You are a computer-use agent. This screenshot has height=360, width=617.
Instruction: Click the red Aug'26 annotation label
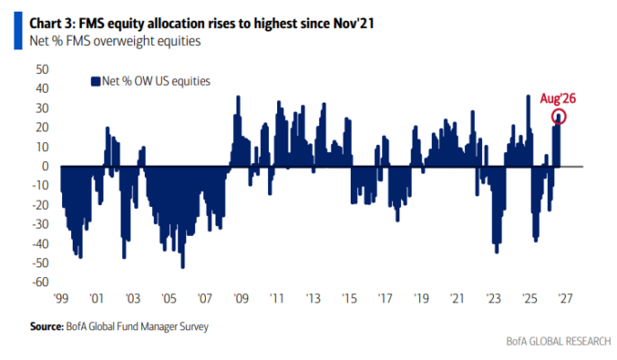click(558, 98)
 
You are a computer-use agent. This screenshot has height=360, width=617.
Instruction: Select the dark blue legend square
click(95, 82)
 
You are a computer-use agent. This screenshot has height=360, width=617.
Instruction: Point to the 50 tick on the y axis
click(42, 69)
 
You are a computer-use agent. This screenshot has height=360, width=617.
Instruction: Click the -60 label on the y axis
click(40, 283)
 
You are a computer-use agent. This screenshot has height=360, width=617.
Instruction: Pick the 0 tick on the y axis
click(46, 166)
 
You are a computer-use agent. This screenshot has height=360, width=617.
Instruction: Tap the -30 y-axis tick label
click(40, 224)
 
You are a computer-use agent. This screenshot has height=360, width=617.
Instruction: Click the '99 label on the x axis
click(61, 299)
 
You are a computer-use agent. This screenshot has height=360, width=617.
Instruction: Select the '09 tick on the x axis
click(241, 299)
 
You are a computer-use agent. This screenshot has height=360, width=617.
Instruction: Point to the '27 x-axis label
click(565, 299)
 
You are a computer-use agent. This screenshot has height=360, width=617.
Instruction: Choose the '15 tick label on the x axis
click(349, 299)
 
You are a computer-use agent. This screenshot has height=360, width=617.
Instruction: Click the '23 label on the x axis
click(493, 299)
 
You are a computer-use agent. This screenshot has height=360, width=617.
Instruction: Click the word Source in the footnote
click(47, 327)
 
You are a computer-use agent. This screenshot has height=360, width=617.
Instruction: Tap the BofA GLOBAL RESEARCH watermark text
click(559, 341)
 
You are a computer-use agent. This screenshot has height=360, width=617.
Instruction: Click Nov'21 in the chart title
click(353, 23)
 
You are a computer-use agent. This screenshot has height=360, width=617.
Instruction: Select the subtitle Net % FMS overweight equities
click(115, 41)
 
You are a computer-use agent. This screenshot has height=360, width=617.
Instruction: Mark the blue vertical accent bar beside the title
click(18, 31)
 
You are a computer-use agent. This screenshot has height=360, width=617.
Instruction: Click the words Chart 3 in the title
click(51, 23)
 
